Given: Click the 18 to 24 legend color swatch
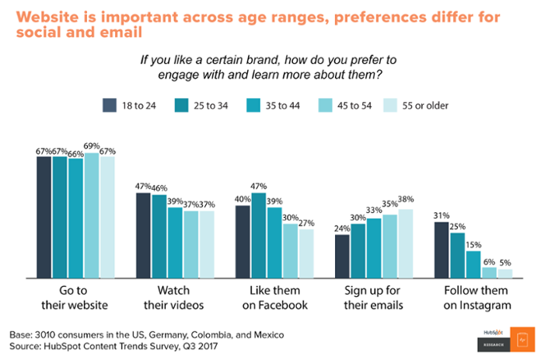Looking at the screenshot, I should coord(110,104).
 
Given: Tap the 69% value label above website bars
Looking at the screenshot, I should coord(92,146).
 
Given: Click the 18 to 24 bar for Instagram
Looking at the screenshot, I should coord(442,250).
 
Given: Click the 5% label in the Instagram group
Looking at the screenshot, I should coord(505,262).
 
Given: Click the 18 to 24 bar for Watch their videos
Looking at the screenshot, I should coord(143,236).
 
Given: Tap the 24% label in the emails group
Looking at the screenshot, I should coord(342,228).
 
